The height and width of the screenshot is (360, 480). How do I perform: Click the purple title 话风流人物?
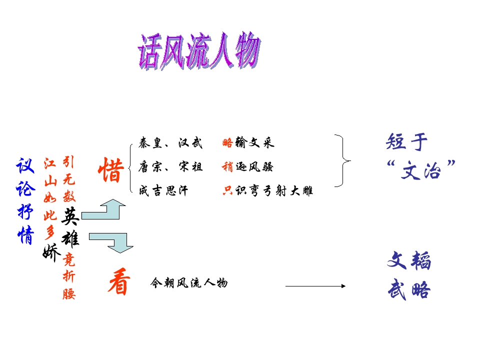(199, 51)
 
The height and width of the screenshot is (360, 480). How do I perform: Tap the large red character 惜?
(111, 170)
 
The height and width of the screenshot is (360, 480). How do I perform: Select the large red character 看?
(119, 281)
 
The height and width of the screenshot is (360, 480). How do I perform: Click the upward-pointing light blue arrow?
(104, 210)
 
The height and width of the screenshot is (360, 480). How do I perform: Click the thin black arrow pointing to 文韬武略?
(315, 286)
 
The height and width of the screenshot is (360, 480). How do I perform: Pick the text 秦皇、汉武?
(170, 143)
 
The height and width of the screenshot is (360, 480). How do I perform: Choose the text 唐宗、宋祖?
(170, 167)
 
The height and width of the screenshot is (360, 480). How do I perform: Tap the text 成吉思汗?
(163, 190)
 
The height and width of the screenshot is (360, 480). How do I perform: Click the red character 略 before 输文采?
(227, 142)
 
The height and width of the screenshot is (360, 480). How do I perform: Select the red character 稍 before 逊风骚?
(227, 167)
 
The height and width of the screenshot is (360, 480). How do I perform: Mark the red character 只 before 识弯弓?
(228, 190)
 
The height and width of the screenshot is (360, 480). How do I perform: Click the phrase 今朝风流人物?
(189, 283)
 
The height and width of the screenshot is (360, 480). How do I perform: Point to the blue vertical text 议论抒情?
(25, 201)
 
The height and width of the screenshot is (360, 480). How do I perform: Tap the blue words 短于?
(406, 142)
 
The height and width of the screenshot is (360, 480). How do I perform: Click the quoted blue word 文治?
(421, 170)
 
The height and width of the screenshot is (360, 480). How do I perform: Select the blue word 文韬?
(409, 260)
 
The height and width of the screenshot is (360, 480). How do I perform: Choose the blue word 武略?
(409, 289)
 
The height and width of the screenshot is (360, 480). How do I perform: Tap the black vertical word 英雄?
(70, 227)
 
